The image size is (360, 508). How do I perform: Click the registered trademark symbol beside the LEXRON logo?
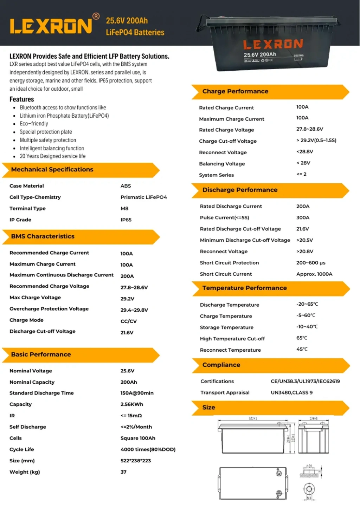click(x=96, y=16)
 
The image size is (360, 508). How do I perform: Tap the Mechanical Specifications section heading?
click(x=52, y=169)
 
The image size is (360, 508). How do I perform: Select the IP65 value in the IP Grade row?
click(x=126, y=220)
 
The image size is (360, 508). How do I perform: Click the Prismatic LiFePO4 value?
click(x=143, y=197)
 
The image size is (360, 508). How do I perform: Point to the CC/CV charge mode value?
click(x=128, y=321)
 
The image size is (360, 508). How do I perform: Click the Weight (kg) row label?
click(x=25, y=472)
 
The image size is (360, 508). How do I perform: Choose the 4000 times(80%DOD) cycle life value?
click(x=148, y=449)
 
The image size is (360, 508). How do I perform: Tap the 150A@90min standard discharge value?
click(x=137, y=393)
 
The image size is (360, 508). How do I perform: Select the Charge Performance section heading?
click(x=235, y=91)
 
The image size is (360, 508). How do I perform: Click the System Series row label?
click(x=216, y=175)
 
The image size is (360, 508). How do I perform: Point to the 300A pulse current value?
click(x=303, y=217)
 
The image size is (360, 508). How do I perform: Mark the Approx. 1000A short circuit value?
click(x=314, y=274)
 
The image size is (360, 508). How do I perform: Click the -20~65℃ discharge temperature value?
click(x=307, y=304)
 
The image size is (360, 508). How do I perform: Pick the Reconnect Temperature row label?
click(x=230, y=350)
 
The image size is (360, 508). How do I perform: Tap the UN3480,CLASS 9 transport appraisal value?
click(x=291, y=392)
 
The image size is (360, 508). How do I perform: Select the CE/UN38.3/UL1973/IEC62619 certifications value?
click(x=305, y=381)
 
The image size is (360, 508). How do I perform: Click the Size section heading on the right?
click(x=208, y=408)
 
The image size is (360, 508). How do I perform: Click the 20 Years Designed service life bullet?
click(x=52, y=156)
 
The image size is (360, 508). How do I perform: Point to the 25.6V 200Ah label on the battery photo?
click(x=260, y=54)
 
